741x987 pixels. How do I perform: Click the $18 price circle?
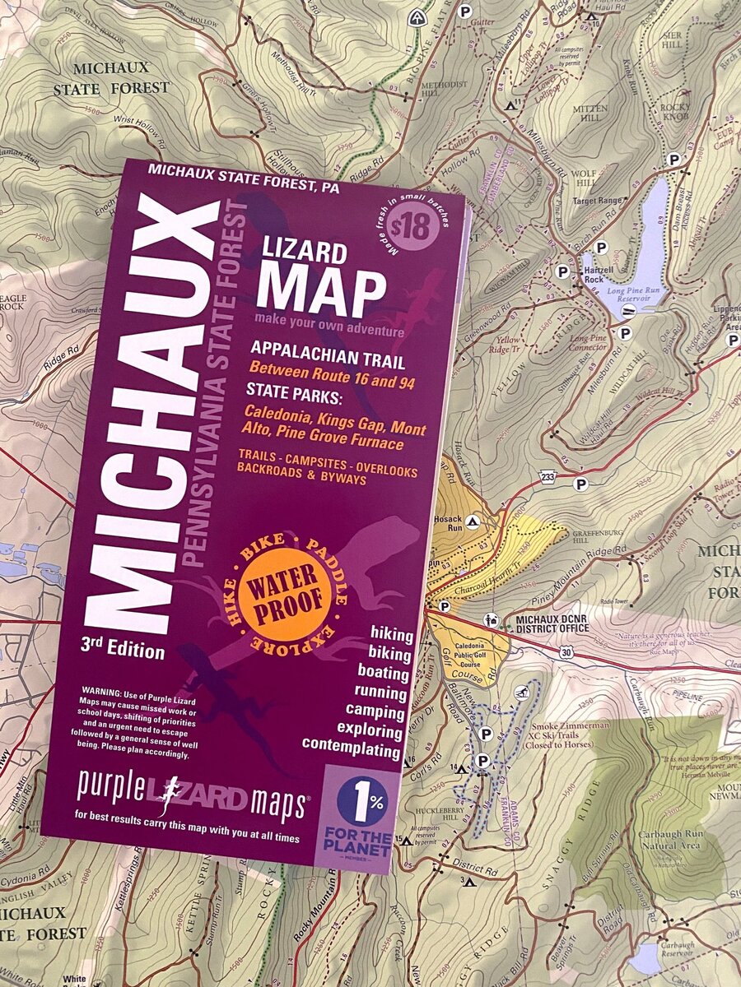(412, 225)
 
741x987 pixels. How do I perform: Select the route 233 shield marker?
(548, 476)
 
